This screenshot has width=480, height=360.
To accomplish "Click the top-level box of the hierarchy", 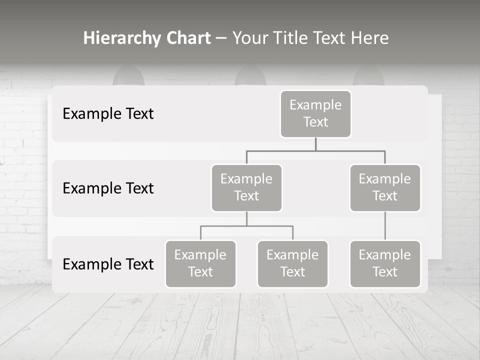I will click(315, 114).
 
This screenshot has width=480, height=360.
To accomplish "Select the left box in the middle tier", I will click(246, 188).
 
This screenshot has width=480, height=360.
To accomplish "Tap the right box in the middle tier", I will click(385, 188).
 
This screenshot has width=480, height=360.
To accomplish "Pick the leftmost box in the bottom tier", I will click(200, 264).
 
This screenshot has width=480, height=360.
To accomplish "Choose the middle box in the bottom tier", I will click(292, 264).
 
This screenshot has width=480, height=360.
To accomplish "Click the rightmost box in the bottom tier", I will click(385, 264).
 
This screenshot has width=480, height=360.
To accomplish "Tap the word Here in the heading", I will click(369, 38).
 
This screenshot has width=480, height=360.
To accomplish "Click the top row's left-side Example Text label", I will click(108, 114).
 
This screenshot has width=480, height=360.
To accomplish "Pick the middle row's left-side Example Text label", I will click(108, 188).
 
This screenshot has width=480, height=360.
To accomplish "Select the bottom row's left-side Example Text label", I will click(108, 264).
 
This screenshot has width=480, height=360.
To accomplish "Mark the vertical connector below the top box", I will click(315, 144).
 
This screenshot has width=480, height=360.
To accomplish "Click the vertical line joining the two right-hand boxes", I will click(385, 226).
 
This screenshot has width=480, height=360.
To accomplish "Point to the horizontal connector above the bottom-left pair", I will click(246, 226).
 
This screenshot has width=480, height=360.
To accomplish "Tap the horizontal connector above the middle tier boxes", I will click(315, 150).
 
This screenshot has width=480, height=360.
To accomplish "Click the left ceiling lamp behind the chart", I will click(128, 76).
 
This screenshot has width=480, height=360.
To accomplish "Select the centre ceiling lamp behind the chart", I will click(250, 76).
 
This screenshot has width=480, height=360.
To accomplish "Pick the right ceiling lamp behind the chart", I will click(368, 76).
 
